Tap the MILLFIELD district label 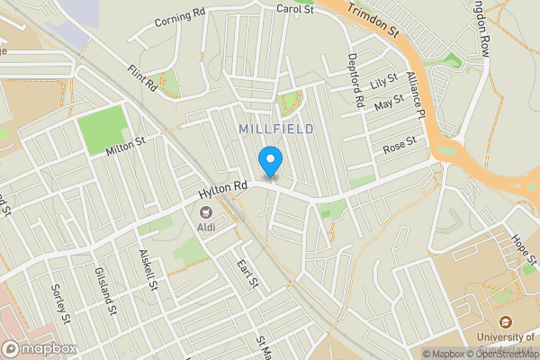[x=276, y=130]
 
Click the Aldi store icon [x=205, y=213]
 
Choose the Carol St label [x=294, y=10]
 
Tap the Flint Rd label [x=142, y=79]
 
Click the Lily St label [x=383, y=83]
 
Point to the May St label [x=388, y=105]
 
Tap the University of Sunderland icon [x=504, y=322]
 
